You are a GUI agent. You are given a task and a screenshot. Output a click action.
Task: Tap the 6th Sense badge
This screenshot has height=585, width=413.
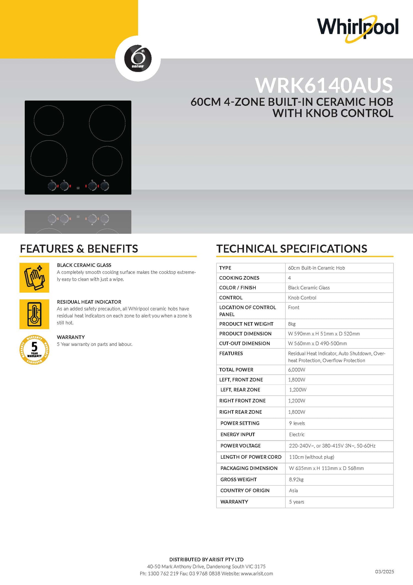138,58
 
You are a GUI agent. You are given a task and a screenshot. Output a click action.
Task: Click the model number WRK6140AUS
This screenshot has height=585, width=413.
324,85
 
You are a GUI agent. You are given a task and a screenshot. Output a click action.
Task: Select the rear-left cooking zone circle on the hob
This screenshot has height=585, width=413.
49,121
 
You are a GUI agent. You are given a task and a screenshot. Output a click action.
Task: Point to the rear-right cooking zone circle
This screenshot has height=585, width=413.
107,123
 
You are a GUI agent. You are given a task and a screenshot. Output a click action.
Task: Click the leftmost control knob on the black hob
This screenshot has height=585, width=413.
52,186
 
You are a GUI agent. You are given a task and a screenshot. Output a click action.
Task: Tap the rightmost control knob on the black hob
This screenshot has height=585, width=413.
105,186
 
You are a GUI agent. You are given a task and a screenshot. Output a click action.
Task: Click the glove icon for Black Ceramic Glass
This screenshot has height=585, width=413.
34,277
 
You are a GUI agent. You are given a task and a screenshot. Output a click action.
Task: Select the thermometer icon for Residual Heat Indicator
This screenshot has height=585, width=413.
34,314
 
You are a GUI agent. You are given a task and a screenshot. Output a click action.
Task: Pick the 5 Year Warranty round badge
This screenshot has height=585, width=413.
34,350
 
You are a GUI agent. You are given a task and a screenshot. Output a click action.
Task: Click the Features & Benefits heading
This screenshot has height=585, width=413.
79,249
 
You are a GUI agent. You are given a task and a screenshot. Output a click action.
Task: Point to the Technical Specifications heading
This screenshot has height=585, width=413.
292,249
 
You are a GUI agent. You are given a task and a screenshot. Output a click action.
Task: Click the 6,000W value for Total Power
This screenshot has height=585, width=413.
297,370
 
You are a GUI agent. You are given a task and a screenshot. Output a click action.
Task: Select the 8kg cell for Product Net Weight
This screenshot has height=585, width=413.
292,324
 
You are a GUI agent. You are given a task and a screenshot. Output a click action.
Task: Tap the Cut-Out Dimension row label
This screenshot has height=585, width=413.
244,343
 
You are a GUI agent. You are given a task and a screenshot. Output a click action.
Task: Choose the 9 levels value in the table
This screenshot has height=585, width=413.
297,423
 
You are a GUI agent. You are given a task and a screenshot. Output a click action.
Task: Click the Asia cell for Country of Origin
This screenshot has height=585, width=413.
294,490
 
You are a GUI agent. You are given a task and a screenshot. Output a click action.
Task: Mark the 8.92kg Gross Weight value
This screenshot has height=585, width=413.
296,479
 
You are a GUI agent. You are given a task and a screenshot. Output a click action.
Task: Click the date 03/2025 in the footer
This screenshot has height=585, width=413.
384,571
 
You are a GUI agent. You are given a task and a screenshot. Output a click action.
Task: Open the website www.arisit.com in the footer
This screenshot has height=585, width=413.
257,573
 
